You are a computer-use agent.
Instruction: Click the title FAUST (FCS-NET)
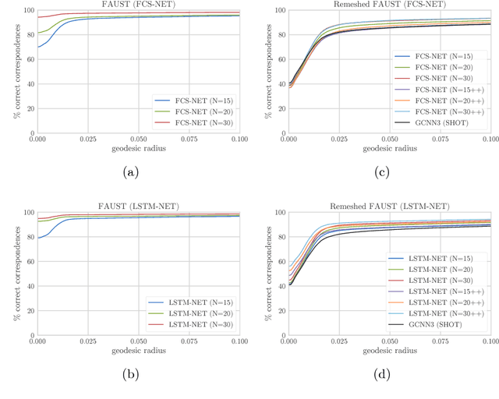[x=139, y=5]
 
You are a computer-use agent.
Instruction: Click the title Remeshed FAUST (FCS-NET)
[x=390, y=5]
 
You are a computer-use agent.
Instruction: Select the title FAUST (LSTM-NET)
[x=139, y=206]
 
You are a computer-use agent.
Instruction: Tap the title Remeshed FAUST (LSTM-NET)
[x=390, y=206]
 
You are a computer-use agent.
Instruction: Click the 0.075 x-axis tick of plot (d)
[x=441, y=340]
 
